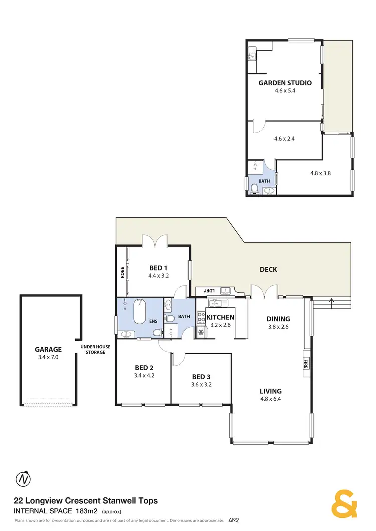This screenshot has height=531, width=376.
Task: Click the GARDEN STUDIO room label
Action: [x=285, y=83]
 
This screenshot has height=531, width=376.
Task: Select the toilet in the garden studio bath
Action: [x=255, y=188]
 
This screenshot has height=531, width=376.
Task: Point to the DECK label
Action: [x=268, y=270]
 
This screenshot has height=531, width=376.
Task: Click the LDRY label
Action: [x=206, y=290]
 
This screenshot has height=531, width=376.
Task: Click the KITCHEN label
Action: [x=220, y=317]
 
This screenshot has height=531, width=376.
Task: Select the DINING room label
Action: [x=278, y=319]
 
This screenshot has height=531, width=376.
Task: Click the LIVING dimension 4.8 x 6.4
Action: [x=270, y=400]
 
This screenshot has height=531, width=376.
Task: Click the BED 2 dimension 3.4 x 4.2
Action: [x=144, y=375]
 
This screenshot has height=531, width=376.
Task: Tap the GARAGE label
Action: [x=48, y=350]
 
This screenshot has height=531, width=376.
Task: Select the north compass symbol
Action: [x=23, y=479]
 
